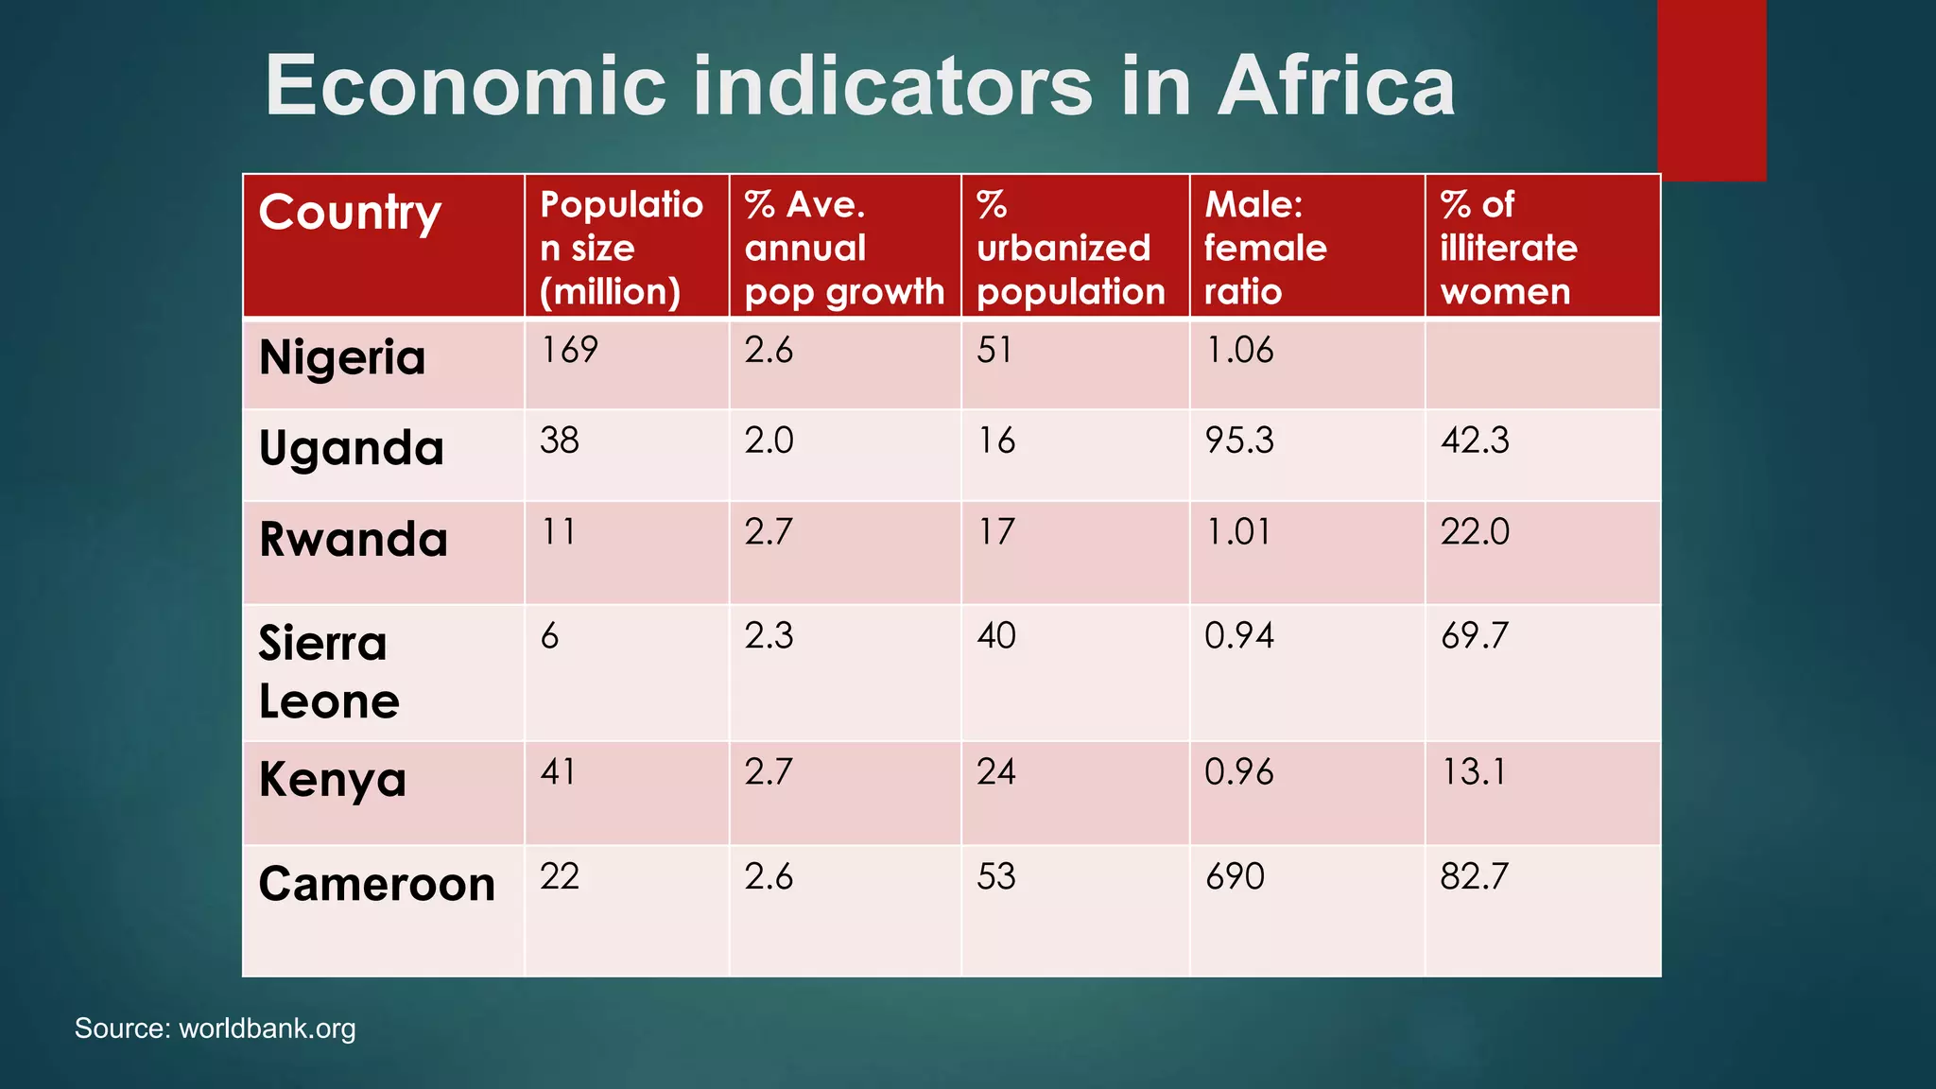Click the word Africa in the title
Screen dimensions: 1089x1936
pos(1336,85)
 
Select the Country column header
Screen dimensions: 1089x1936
pos(350,213)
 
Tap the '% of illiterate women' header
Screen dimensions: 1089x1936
pos(1508,248)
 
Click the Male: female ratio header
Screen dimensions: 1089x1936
pos(1265,248)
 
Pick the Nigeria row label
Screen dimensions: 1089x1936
pos(342,358)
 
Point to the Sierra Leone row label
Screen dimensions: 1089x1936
pos(328,672)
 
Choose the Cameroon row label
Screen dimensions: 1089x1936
pos(376,885)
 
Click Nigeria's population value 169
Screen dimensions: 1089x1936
pos(569,350)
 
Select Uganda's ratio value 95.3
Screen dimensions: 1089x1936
pos(1239,441)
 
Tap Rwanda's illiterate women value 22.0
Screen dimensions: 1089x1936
pos(1475,532)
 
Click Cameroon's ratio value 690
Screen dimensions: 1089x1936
pos(1235,876)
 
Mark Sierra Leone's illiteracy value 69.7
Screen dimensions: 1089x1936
pos(1475,635)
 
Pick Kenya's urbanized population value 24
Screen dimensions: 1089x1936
pos(996,772)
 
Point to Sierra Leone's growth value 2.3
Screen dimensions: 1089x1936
pos(769,635)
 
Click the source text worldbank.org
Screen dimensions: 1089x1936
pos(267,1028)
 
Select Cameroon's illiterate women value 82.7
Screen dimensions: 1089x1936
pos(1474,876)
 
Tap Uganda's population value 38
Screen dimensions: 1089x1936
pos(560,441)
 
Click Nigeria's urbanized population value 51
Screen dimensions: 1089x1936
pos(994,350)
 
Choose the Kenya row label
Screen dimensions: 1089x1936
pos(333,781)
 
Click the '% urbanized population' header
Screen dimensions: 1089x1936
pos(1070,248)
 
